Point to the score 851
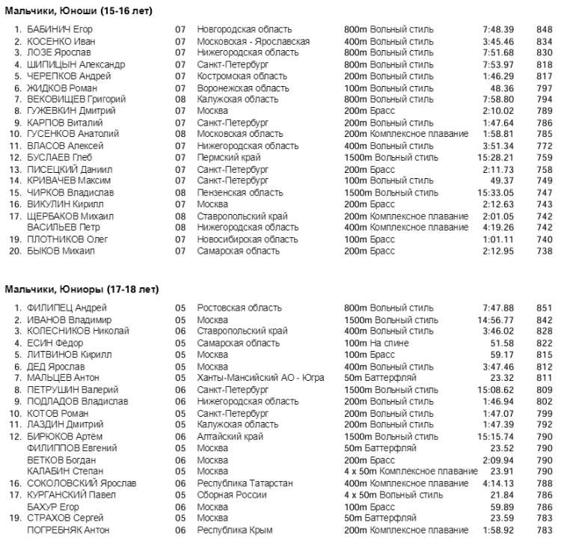point(544,308)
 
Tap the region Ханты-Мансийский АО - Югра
point(260,378)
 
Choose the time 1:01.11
point(498,239)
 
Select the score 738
point(544,251)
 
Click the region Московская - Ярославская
point(253,41)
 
